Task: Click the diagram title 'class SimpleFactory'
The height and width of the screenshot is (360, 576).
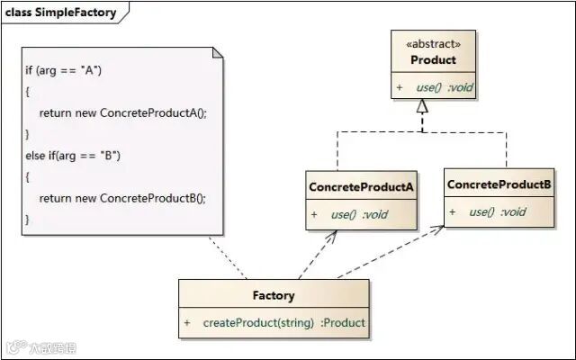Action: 60,13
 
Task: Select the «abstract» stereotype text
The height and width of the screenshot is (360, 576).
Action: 434,44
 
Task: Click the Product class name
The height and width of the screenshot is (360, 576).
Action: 434,60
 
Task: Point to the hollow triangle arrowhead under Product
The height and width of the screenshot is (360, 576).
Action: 422,106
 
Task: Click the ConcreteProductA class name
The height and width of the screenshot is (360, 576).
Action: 362,187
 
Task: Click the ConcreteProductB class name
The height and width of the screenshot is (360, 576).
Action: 499,184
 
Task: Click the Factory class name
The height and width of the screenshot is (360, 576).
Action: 274,295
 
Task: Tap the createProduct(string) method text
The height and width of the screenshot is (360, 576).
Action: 258,323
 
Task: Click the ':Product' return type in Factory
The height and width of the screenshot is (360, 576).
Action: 343,323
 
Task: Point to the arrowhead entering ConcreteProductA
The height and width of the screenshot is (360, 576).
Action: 332,236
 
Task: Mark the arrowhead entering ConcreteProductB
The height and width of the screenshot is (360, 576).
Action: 437,229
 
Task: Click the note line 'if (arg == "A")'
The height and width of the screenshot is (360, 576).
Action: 64,70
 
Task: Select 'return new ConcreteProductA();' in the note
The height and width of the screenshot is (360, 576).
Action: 123,112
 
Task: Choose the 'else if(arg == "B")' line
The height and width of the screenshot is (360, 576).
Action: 73,156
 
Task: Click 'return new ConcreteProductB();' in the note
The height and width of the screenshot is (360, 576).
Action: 122,198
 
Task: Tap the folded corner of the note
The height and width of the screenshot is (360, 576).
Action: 217,53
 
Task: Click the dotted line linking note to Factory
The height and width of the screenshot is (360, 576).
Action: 228,257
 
